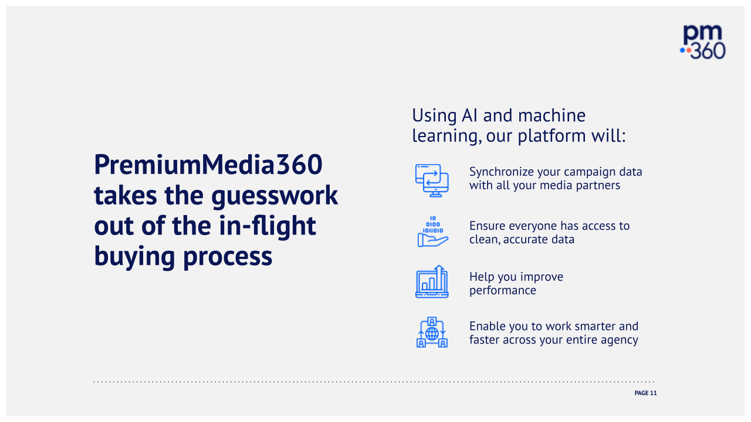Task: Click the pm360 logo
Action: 703,42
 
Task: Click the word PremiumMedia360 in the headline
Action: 208,165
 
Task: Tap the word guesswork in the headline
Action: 275,196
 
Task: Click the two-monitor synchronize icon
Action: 432,180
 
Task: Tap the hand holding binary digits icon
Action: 432,232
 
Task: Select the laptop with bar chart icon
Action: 432,282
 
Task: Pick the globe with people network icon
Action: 432,332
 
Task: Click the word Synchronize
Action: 502,172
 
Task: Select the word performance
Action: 502,291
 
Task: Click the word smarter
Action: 591,326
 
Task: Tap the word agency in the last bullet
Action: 619,340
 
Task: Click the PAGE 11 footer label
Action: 645,393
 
